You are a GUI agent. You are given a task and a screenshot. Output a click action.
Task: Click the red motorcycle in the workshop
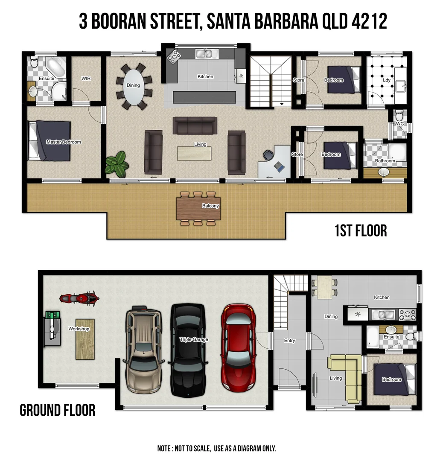(x=79, y=298)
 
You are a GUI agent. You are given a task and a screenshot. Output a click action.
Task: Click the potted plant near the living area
(x=117, y=164)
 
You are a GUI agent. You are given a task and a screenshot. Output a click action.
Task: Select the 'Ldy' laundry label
(x=386, y=80)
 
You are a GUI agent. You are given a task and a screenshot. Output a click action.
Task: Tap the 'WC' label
(x=400, y=124)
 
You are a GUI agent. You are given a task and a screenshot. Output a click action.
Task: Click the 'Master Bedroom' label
(x=64, y=142)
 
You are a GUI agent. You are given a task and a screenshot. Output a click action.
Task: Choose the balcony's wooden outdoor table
(x=198, y=208)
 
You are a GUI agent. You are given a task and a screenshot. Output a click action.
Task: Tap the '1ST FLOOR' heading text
(x=361, y=231)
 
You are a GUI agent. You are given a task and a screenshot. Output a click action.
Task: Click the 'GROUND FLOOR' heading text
(x=58, y=411)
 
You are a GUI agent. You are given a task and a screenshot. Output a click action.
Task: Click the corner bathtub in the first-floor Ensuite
(x=55, y=67)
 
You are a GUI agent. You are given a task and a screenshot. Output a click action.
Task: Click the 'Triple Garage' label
(x=194, y=339)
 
